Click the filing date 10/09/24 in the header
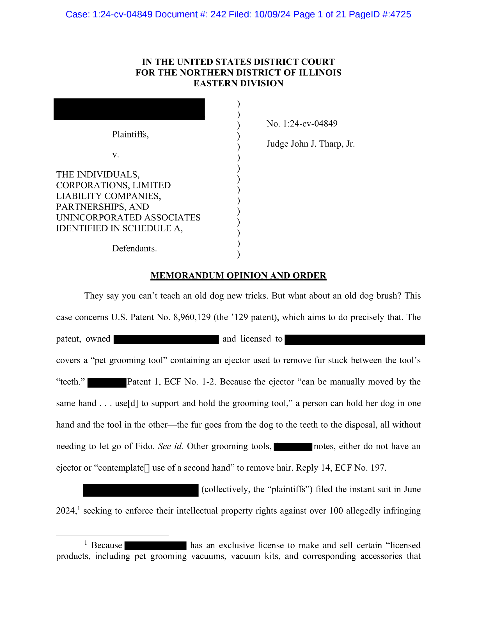coord(272,14)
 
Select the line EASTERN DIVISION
coord(238,83)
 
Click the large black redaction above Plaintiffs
coord(129,109)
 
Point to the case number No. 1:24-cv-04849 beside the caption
coord(302,123)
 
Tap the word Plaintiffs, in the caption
coord(130,134)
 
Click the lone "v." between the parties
coord(116,155)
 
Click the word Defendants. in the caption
coord(134,248)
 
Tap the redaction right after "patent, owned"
coord(166,339)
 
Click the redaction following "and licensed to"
coord(355,340)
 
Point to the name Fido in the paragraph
coord(145,446)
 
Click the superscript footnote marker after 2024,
coord(79,508)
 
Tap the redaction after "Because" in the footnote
coord(155,545)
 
